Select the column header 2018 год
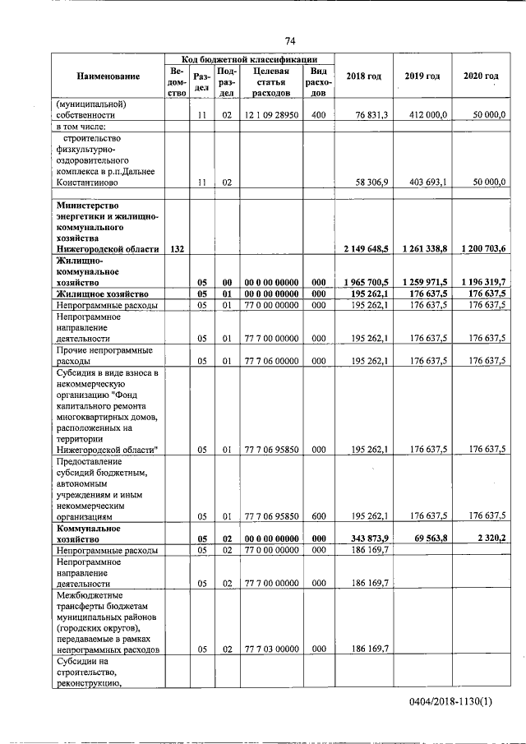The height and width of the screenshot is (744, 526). [363, 76]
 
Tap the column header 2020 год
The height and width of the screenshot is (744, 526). [480, 76]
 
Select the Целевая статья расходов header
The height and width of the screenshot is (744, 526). [270, 82]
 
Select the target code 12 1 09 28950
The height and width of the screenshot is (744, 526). [270, 116]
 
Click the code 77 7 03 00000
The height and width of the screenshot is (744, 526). [270, 649]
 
